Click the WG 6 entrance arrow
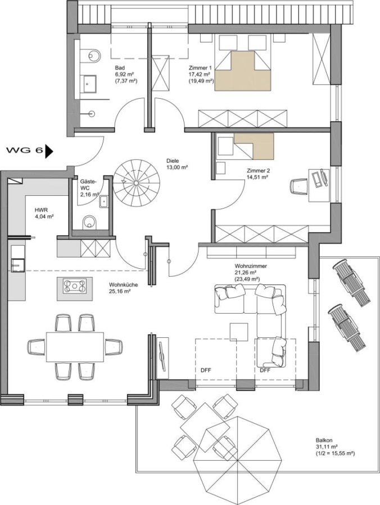pyautogui.click(x=49, y=151)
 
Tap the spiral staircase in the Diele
pyautogui.click(x=137, y=183)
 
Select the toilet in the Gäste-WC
pyautogui.click(x=89, y=222)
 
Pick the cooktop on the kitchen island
pyautogui.click(x=75, y=286)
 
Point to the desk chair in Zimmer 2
pyautogui.click(x=300, y=186)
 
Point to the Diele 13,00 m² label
pyautogui.click(x=178, y=164)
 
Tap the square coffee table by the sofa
pyautogui.click(x=239, y=332)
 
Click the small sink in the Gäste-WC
pyautogui.click(x=104, y=201)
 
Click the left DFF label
pyautogui.click(x=206, y=370)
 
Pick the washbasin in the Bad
pyautogui.click(x=88, y=84)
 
